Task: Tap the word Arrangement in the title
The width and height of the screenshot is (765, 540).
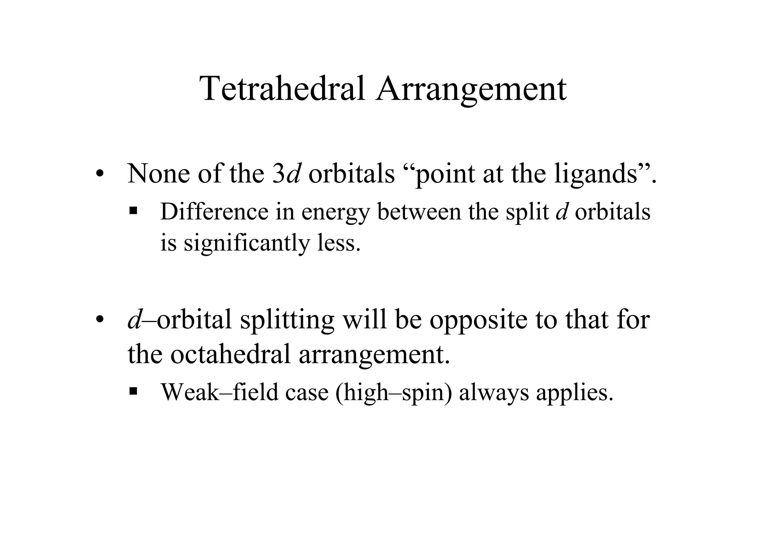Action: (x=471, y=90)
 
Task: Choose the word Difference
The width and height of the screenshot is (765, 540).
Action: (x=214, y=211)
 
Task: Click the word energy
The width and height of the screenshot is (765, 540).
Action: (x=335, y=212)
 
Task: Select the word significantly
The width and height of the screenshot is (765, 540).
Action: (x=247, y=243)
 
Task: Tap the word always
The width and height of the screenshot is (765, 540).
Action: (x=493, y=393)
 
